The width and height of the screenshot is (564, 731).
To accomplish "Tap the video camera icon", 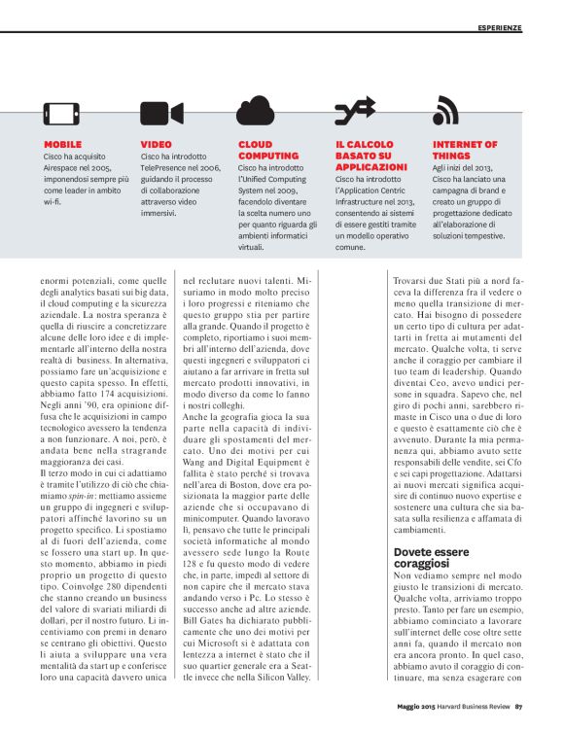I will [159, 114].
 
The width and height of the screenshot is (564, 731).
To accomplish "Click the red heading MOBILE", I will [62, 144].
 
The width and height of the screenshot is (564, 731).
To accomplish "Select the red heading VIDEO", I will [156, 144].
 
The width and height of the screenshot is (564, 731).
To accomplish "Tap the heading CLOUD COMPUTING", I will [263, 150].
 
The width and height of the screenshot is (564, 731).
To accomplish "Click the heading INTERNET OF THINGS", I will [464, 150].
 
